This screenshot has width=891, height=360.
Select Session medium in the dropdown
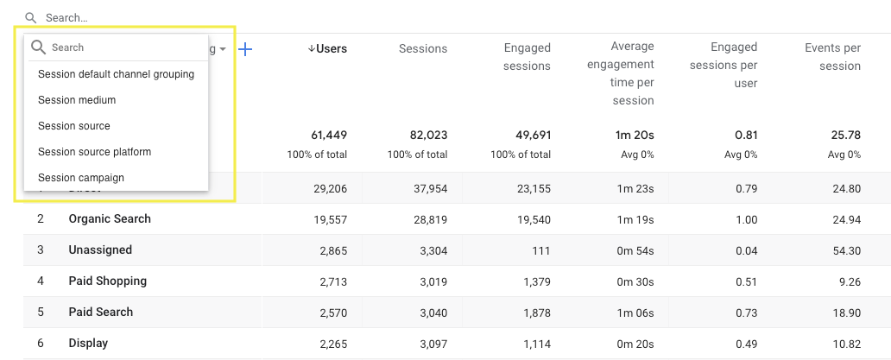tap(77, 100)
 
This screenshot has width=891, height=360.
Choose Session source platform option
tap(94, 152)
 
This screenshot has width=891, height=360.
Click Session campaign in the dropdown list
tap(81, 178)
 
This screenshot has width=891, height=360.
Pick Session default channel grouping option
tap(116, 74)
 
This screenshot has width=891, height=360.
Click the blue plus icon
tap(245, 49)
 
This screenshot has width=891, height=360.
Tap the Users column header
tap(327, 49)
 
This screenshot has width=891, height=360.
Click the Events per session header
tap(832, 57)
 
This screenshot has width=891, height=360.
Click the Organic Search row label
tap(110, 219)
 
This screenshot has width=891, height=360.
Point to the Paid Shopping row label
tap(108, 281)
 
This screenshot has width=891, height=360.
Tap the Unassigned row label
tap(100, 250)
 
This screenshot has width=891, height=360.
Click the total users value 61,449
tap(329, 136)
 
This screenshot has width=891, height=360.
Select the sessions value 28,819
tap(429, 219)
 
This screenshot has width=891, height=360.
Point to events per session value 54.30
tap(844, 250)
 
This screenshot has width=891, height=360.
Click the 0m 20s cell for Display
tap(635, 344)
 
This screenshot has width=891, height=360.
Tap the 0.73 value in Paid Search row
tap(745, 313)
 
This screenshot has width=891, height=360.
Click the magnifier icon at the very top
tap(31, 17)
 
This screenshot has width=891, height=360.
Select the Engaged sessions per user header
tap(734, 65)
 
